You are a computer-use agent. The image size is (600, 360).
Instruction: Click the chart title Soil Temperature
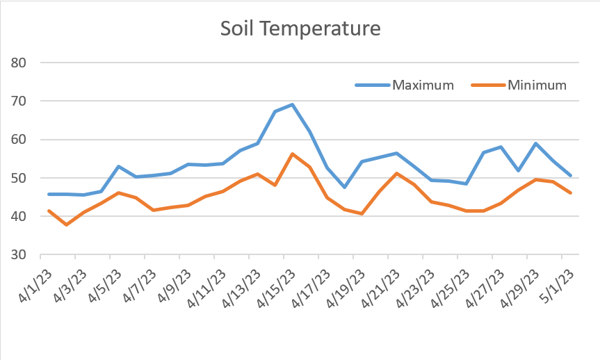click(300, 29)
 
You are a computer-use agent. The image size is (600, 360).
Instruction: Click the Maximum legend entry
click(422, 85)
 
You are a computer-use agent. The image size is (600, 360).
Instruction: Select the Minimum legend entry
click(537, 85)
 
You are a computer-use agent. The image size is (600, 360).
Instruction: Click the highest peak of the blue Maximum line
click(292, 105)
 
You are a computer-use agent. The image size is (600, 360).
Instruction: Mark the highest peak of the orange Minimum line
click(292, 154)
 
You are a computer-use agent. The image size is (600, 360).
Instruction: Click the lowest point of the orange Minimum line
click(66, 224)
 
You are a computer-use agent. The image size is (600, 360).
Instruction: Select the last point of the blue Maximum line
click(570, 175)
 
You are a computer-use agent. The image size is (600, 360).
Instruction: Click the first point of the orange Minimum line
click(49, 211)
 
